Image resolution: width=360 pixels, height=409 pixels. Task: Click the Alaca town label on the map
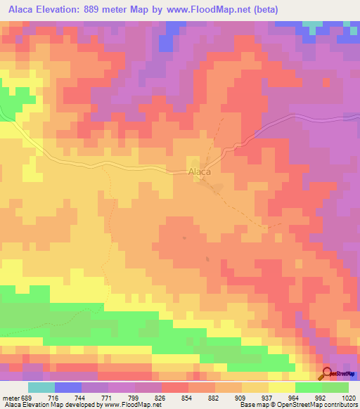click(x=200, y=171)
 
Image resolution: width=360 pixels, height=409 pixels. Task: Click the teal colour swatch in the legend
click(x=41, y=387)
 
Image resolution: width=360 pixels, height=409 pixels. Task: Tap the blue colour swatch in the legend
click(x=68, y=387)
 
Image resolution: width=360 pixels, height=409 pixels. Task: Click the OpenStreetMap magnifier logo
click(x=327, y=375)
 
